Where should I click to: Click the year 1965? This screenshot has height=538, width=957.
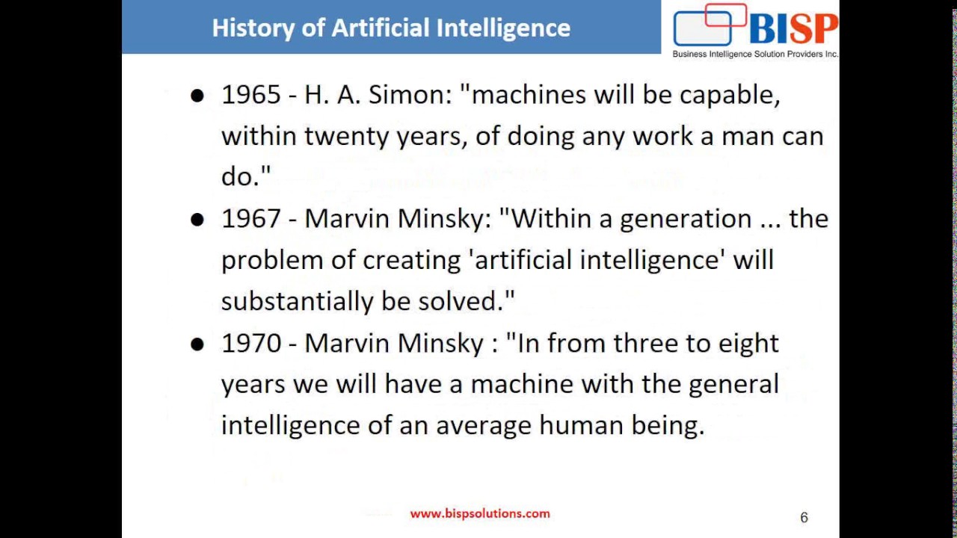click(x=250, y=95)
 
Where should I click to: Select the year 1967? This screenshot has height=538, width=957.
click(x=250, y=219)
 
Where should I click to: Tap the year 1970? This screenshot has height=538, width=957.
click(x=250, y=343)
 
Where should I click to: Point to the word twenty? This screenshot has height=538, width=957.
click(x=347, y=137)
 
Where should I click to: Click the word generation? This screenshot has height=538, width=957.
click(x=686, y=220)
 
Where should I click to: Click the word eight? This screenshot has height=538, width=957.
click(x=748, y=344)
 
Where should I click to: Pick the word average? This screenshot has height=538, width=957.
click(x=484, y=426)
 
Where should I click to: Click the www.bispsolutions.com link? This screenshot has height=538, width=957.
click(x=480, y=513)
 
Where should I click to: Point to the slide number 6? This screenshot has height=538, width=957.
click(x=804, y=517)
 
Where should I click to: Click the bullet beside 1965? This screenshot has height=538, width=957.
click(x=197, y=96)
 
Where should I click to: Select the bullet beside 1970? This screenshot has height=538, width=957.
click(x=197, y=344)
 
